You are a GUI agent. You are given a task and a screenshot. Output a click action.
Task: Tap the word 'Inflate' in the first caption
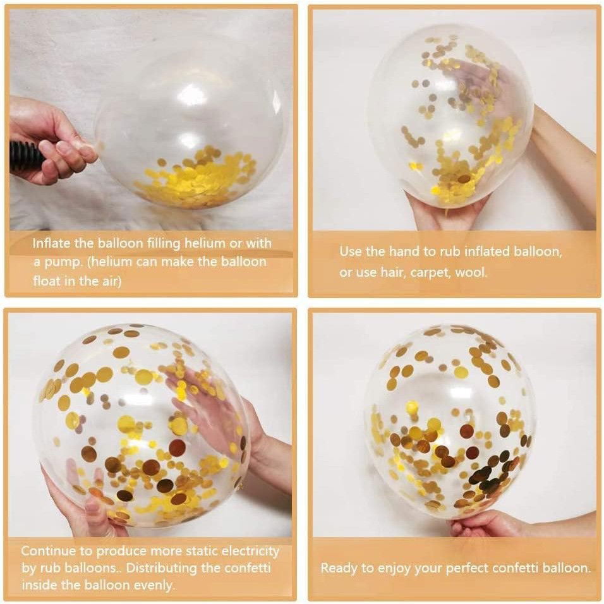[x=53, y=243]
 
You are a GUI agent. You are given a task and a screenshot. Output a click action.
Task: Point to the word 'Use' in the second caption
[x=351, y=251]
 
